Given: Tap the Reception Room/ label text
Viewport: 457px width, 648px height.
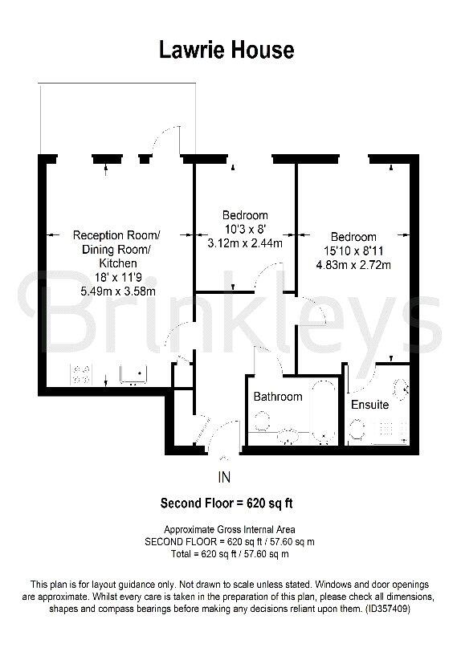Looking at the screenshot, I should pyautogui.click(x=116, y=235).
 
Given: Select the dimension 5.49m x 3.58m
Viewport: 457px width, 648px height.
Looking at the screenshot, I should pyautogui.click(x=116, y=291).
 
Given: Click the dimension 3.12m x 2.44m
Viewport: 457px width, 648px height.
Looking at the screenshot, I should pyautogui.click(x=245, y=243).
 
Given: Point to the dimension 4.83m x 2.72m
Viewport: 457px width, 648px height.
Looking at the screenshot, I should pyautogui.click(x=353, y=265).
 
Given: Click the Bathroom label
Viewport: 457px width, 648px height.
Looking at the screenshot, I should pyautogui.click(x=278, y=397).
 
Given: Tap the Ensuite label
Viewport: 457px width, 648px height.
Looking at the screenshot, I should pyautogui.click(x=369, y=405).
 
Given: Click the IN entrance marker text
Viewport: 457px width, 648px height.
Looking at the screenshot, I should pyautogui.click(x=224, y=478).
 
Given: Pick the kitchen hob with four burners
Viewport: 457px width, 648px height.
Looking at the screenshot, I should pyautogui.click(x=83, y=373).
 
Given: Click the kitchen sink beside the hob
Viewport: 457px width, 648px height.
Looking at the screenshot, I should pyautogui.click(x=133, y=373).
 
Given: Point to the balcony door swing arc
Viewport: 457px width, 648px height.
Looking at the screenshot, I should pyautogui.click(x=166, y=138).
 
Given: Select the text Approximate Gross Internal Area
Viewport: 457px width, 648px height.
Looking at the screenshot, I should pyautogui.click(x=229, y=530).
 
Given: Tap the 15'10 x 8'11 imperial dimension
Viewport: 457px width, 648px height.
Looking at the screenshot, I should pyautogui.click(x=353, y=251).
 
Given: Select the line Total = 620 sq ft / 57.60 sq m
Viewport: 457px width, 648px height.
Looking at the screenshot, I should pyautogui.click(x=229, y=554).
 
